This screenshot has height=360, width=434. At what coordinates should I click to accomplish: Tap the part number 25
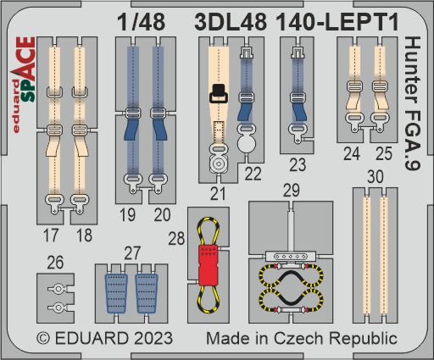click(x=382, y=153)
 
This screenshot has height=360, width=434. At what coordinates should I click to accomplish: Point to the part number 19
click(x=129, y=215)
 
